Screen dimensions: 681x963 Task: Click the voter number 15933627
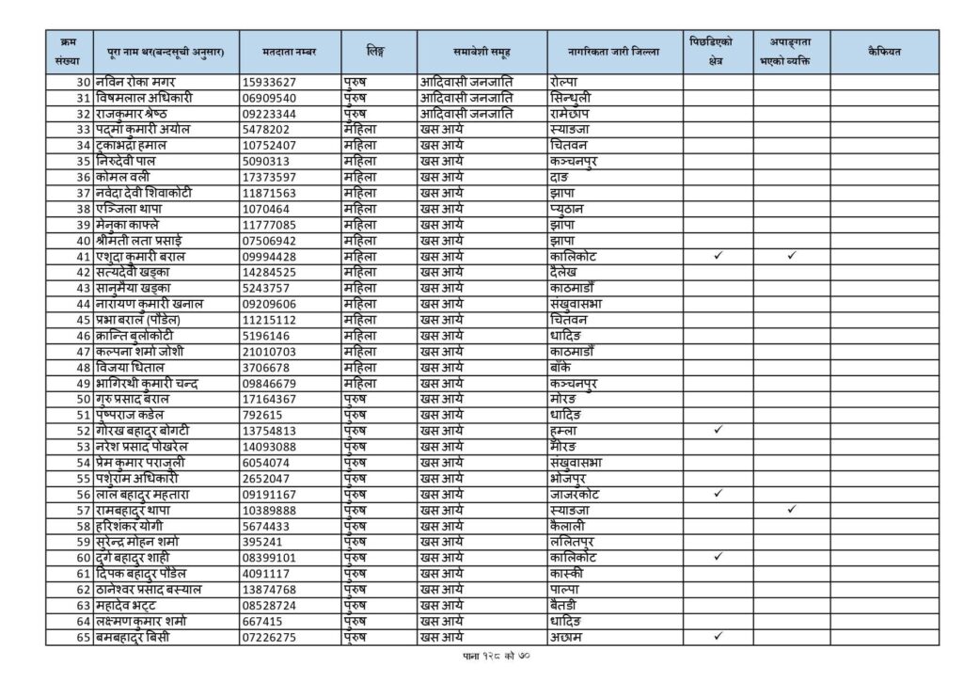270,82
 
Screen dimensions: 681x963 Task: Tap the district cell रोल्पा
565,82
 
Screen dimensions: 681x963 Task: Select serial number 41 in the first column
83,257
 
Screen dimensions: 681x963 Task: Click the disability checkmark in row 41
792,256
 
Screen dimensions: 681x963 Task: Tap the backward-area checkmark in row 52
718,431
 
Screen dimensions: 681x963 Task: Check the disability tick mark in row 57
792,510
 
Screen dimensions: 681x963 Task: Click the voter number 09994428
270,257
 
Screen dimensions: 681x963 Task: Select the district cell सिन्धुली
572,97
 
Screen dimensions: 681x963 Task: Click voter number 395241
262,543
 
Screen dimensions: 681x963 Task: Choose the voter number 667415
262,622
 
